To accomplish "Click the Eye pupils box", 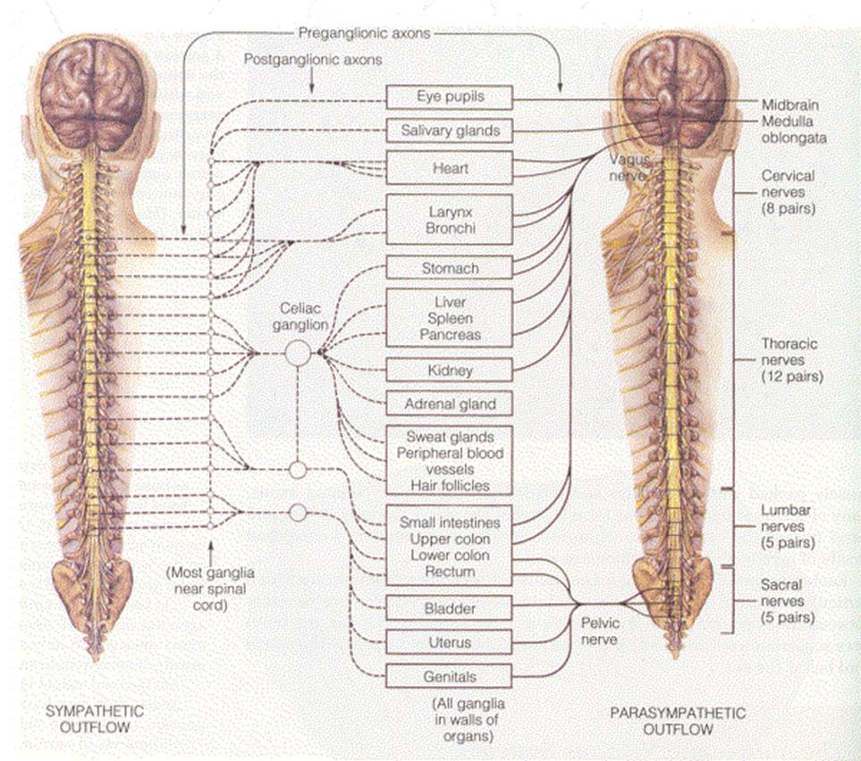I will click(448, 96).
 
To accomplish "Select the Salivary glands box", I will click(448, 131).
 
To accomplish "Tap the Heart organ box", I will click(448, 168).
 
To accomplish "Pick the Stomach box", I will click(448, 268).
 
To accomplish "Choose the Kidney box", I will click(448, 370).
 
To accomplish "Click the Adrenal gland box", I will click(448, 404).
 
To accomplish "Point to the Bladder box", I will click(448, 608).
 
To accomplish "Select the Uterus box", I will click(448, 642).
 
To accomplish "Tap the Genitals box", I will click(448, 676).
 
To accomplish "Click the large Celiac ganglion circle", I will click(298, 354).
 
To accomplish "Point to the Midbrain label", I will click(789, 105).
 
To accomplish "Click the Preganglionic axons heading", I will click(363, 33).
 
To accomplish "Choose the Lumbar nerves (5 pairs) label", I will click(786, 525).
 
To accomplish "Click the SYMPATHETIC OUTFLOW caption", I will click(94, 719).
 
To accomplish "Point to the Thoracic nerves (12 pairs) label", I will click(790, 360).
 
